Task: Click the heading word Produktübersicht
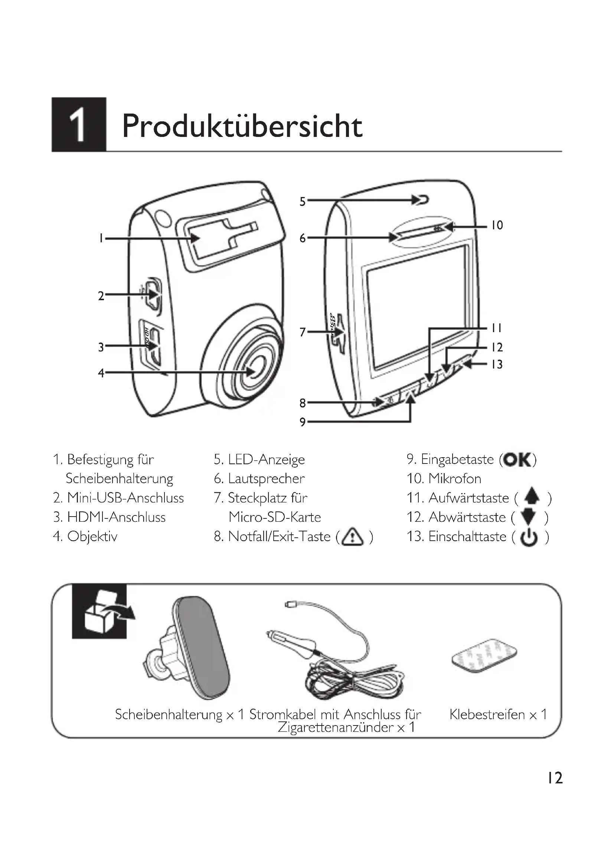point(242,126)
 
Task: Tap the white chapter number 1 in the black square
point(78,125)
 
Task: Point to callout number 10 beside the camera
point(497,226)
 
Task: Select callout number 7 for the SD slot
point(303,332)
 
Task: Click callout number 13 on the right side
point(497,364)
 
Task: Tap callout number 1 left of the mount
point(101,238)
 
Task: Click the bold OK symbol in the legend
point(517,460)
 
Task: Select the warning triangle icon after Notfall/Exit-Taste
point(352,537)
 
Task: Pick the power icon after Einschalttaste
point(529,537)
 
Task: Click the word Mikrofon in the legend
point(455,479)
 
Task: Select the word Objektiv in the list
point(92,537)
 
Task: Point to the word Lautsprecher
point(266,479)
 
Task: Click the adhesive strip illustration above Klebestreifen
point(484,655)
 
